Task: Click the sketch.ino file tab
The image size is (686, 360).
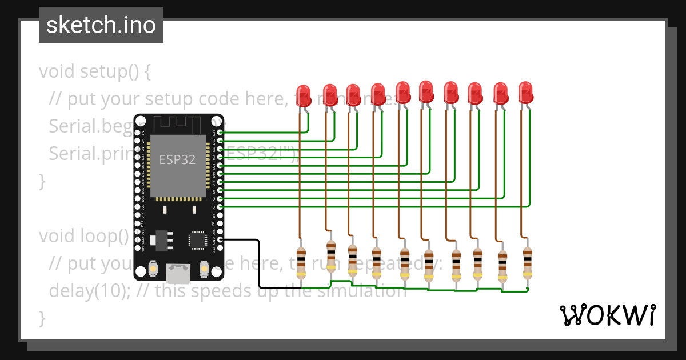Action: [x=101, y=25]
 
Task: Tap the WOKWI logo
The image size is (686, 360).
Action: [x=607, y=315]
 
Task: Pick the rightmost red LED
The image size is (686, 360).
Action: [x=525, y=92]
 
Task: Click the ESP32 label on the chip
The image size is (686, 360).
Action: [x=177, y=159]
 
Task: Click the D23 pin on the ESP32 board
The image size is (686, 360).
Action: [x=221, y=133]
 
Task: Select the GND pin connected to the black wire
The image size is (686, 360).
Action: [x=221, y=240]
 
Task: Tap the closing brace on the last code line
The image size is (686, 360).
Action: [x=41, y=318]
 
